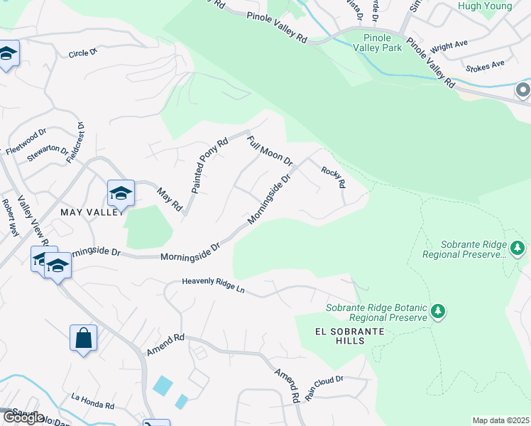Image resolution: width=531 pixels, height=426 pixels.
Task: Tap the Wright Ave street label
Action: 449,45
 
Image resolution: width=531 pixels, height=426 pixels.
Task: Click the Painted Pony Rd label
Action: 209,165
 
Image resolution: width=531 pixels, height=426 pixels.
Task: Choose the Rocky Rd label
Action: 333,177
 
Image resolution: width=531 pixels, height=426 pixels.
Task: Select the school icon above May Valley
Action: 121,192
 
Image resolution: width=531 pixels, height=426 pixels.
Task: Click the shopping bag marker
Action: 83,338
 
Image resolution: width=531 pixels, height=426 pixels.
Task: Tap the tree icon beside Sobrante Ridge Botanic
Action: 438,312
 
